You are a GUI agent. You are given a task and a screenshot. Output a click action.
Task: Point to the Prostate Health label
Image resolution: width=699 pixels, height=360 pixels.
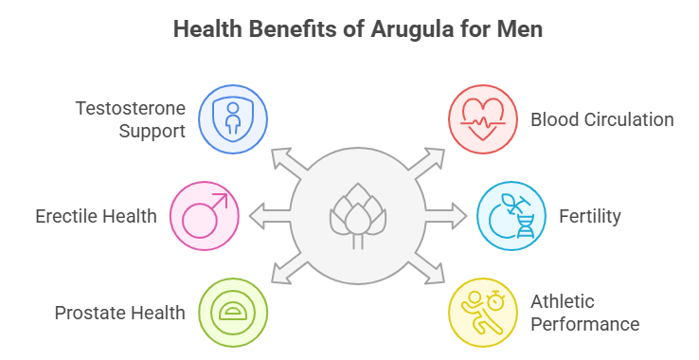[x=120, y=312]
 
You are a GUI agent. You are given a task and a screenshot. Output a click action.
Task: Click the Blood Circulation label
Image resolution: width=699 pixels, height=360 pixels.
[x=602, y=119]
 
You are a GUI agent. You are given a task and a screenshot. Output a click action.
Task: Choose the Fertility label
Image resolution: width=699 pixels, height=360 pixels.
[x=589, y=216]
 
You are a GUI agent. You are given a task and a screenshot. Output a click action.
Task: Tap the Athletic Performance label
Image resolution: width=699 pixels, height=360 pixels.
[x=584, y=313]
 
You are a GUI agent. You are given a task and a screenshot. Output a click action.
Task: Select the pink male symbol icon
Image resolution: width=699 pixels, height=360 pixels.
[x=205, y=216]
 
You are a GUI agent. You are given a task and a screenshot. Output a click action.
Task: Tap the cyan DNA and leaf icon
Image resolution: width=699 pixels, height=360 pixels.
[x=511, y=216]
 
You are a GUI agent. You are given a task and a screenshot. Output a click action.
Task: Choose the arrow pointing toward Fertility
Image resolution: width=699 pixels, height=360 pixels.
[x=452, y=216]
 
